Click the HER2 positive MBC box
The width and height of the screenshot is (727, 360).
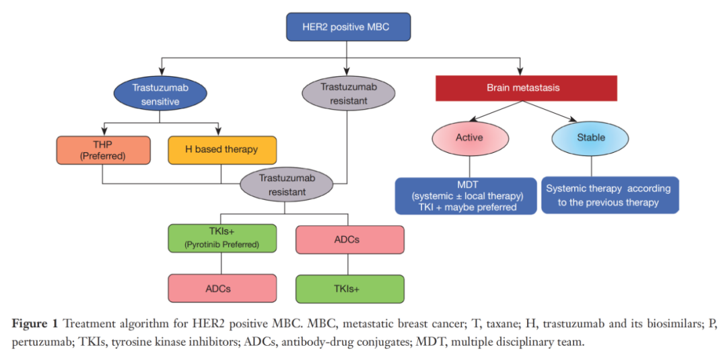(x=347, y=28)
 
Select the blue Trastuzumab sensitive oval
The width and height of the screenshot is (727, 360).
(x=160, y=95)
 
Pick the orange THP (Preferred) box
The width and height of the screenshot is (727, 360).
(x=102, y=150)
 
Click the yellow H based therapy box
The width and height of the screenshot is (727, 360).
(x=221, y=149)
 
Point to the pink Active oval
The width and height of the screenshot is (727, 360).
(x=470, y=138)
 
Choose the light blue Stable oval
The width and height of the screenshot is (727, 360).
(x=590, y=138)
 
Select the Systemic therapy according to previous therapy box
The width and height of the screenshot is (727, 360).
(x=609, y=196)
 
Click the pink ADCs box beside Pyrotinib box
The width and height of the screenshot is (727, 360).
(x=349, y=239)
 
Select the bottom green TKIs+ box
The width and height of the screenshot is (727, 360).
(x=349, y=289)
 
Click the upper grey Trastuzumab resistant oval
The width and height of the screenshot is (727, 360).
(x=347, y=94)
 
